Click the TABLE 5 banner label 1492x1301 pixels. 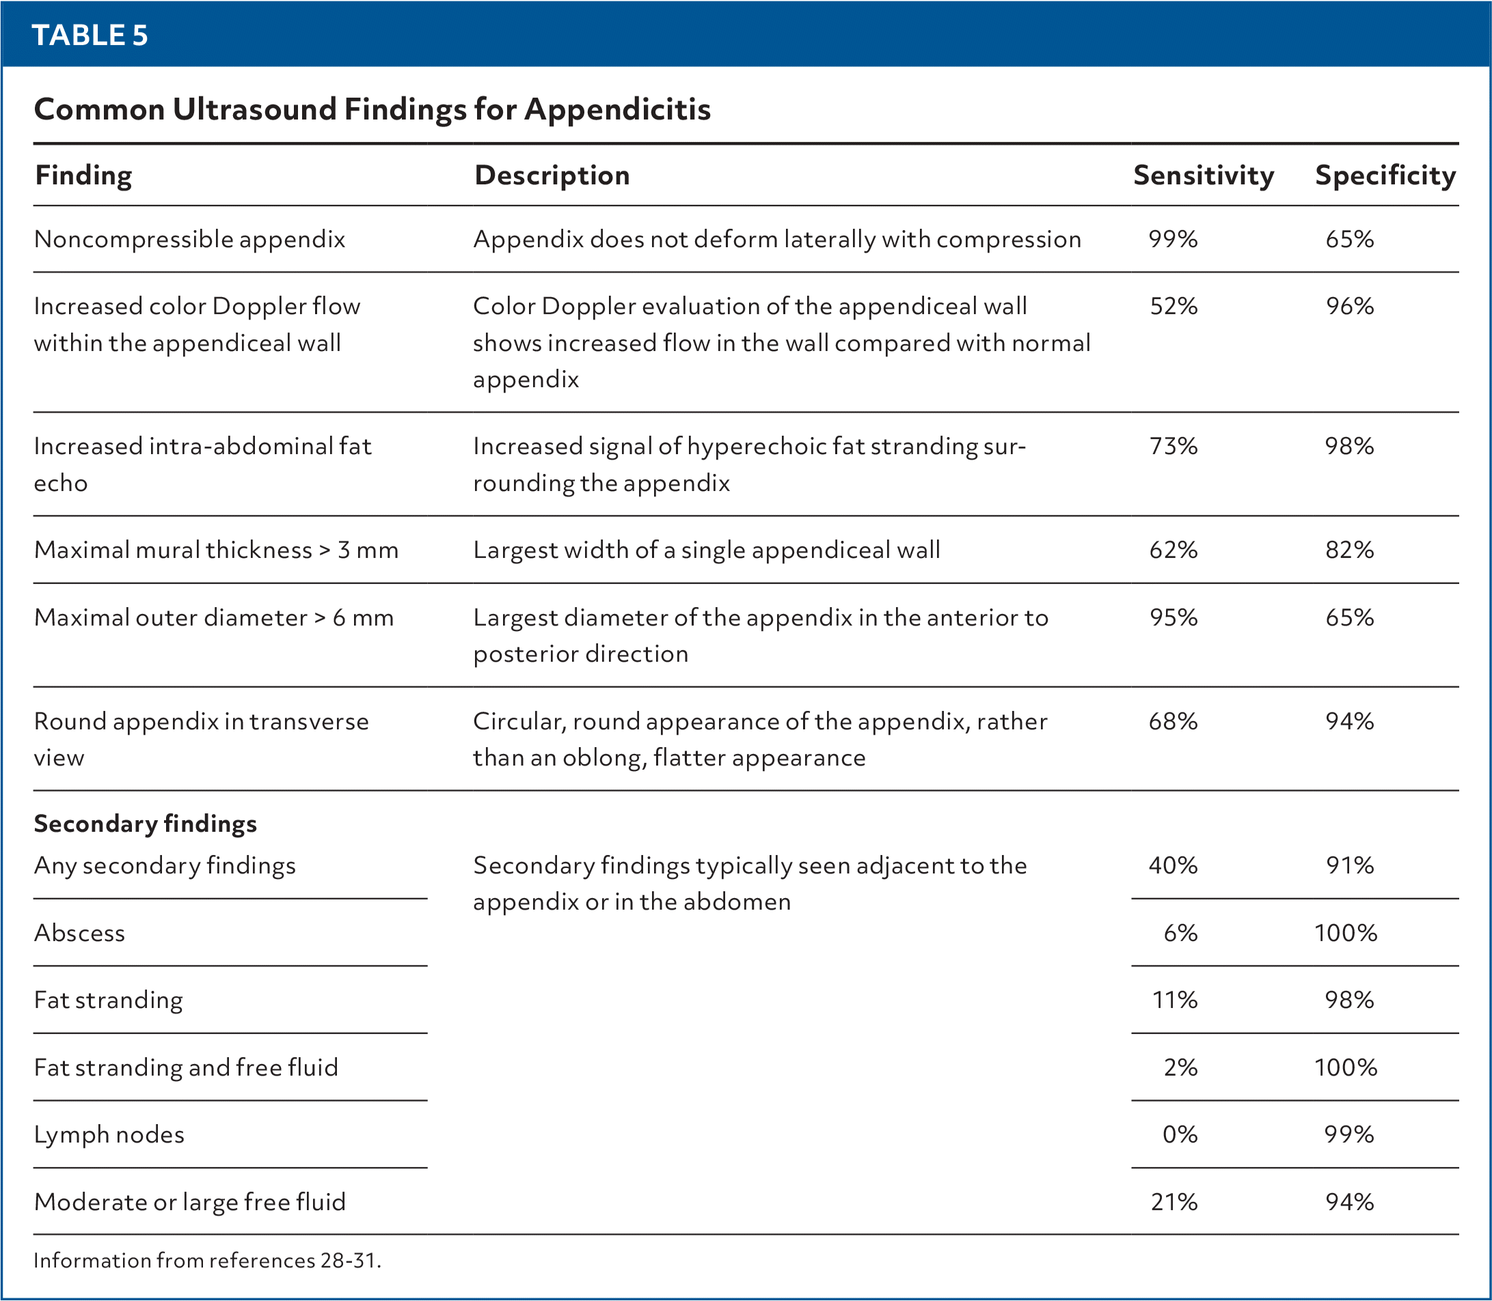90,35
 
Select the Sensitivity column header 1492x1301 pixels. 1203,176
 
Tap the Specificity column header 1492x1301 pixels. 1385,176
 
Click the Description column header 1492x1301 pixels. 552,176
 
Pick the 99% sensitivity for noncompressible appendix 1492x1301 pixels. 1172,240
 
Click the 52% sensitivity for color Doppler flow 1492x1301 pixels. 1173,307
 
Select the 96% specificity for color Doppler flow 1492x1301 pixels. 1349,307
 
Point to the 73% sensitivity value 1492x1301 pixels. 1173,446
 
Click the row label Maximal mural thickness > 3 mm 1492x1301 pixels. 216,550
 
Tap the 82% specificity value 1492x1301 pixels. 1349,550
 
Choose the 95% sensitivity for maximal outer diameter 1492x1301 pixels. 1173,618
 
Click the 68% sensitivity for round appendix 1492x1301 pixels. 1173,722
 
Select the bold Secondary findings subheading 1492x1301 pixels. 146,824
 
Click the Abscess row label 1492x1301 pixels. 79,933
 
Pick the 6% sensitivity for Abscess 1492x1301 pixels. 1180,933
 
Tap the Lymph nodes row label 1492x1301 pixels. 109,1135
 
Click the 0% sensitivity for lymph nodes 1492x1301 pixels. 1180,1135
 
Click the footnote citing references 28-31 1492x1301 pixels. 207,1260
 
